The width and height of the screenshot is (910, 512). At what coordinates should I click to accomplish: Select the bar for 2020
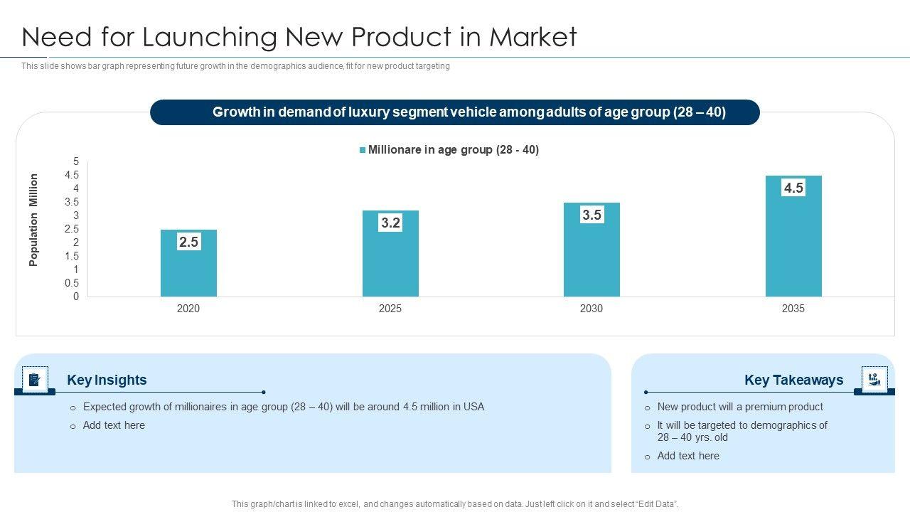(x=188, y=270)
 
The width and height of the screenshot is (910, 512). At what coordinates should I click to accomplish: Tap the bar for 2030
(x=591, y=256)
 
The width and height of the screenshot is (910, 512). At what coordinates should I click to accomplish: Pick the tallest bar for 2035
(x=793, y=242)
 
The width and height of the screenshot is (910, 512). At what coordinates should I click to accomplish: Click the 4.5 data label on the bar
(x=793, y=188)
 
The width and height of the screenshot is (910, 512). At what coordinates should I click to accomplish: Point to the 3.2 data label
(x=390, y=223)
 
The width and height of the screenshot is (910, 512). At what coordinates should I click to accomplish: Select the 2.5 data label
(x=188, y=242)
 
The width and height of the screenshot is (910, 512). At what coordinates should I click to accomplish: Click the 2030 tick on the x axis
(x=591, y=309)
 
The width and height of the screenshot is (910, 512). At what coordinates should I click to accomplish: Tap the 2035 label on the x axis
(x=793, y=309)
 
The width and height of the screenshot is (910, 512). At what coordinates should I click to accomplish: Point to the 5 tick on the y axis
(x=76, y=161)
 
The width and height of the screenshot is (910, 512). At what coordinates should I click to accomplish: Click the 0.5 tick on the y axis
(x=72, y=283)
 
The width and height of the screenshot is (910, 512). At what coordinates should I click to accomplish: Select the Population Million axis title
(x=33, y=220)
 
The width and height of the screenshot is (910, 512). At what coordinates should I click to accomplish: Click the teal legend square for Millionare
(x=363, y=150)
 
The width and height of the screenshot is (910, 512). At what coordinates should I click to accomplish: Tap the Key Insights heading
(x=107, y=380)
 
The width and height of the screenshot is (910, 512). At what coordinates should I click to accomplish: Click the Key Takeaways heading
(x=793, y=380)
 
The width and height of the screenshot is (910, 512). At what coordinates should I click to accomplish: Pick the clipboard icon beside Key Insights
(x=35, y=380)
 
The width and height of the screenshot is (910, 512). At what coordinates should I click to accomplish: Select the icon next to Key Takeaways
(x=874, y=379)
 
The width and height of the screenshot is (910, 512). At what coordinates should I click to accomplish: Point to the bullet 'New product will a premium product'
(x=740, y=407)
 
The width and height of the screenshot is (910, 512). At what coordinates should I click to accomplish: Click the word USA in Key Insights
(x=473, y=407)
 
